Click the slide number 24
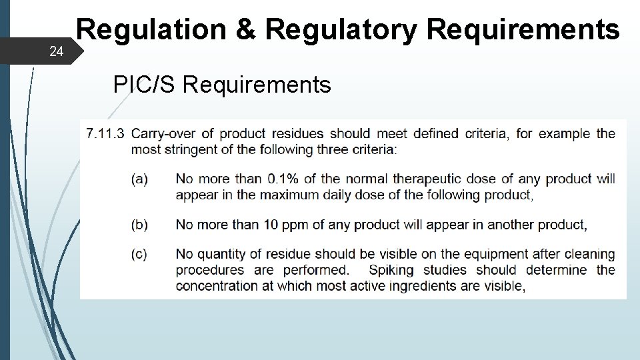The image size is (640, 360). click(57, 51)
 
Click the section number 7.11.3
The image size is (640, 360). click(105, 133)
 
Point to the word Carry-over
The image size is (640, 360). click(159, 133)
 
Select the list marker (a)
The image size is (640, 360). click(139, 179)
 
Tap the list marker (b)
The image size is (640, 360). click(139, 225)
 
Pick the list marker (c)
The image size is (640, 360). click(139, 254)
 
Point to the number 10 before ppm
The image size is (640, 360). click(271, 225)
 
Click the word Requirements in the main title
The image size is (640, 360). click(523, 30)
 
